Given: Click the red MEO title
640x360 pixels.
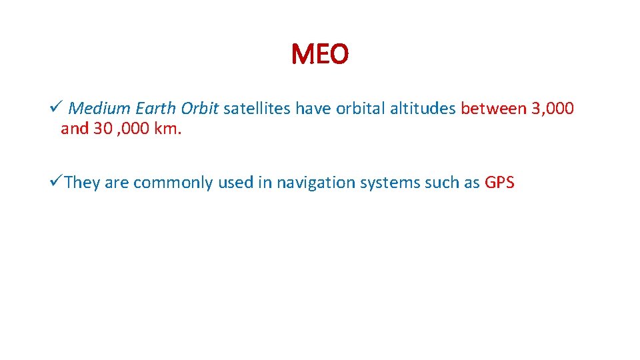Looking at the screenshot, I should pyautogui.click(x=319, y=55).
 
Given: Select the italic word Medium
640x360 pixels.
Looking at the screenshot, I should pyautogui.click(x=100, y=108).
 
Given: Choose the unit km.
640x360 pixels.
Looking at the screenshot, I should pyautogui.click(x=167, y=129).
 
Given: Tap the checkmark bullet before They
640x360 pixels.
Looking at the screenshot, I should pyautogui.click(x=55, y=182).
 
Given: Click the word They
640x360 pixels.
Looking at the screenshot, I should pyautogui.click(x=83, y=183).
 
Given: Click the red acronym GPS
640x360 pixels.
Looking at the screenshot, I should pyautogui.click(x=499, y=183).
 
